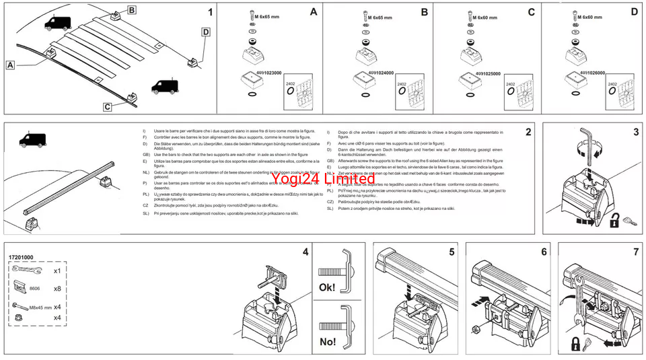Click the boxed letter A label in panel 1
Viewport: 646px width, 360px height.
click(10, 65)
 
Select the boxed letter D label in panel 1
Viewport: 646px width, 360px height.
click(205, 31)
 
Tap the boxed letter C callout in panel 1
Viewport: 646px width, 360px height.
click(108, 106)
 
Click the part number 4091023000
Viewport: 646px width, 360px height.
click(254, 72)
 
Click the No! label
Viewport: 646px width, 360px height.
click(328, 342)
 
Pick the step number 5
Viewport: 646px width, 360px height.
click(452, 252)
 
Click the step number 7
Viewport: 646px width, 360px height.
click(636, 252)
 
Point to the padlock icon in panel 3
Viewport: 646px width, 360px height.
click(615, 220)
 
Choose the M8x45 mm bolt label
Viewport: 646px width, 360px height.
click(40, 307)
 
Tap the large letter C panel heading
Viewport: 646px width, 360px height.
click(531, 11)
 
